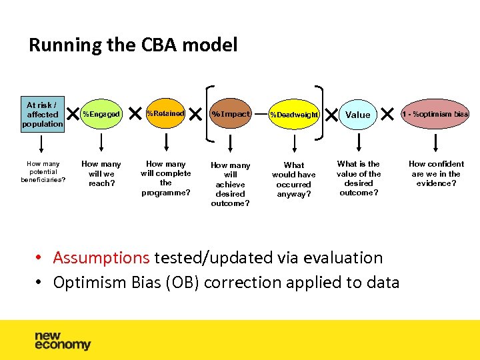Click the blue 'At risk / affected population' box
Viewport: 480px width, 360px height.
[43, 114]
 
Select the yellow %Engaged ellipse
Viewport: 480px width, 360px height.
[101, 114]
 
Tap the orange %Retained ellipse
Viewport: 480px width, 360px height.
[165, 114]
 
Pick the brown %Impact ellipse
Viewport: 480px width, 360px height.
[230, 114]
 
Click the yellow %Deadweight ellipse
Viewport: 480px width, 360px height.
[294, 115]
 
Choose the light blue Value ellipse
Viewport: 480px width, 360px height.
[358, 115]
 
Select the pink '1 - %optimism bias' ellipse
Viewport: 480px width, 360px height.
[435, 114]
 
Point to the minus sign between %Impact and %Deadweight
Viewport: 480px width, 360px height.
[261, 114]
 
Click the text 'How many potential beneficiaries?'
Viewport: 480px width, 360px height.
[43, 171]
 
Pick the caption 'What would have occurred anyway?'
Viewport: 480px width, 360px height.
[294, 179]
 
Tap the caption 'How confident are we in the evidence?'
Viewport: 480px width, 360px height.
[436, 173]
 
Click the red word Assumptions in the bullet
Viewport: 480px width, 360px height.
[101, 258]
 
